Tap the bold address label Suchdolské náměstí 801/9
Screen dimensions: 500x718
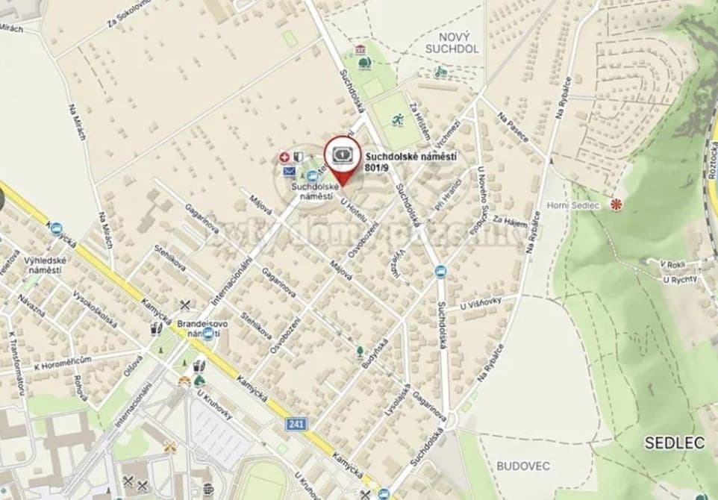[x=411, y=162]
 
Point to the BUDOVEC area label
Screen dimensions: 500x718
[x=523, y=466]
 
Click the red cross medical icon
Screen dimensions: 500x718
[x=284, y=157]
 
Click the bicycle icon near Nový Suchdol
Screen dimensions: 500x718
[x=440, y=72]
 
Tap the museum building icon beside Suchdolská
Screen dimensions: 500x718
[x=362, y=49]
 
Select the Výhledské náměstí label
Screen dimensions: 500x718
[x=46, y=265]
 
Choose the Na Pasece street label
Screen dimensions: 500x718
[x=514, y=125]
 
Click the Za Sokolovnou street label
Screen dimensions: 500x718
[x=125, y=14]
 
